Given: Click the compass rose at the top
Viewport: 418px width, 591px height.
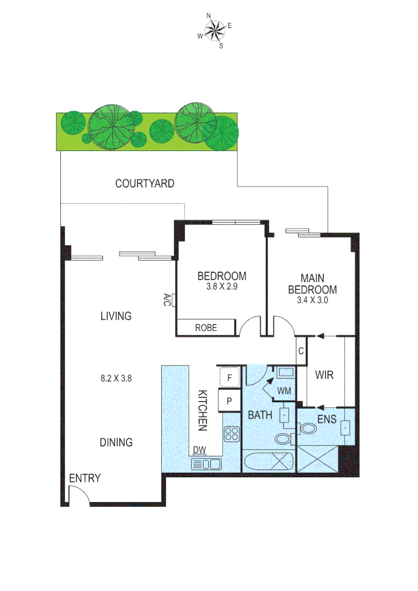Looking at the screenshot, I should tap(215, 30).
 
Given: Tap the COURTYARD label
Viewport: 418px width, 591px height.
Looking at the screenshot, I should tap(144, 183).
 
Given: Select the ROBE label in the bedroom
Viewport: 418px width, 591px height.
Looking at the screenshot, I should tap(206, 328).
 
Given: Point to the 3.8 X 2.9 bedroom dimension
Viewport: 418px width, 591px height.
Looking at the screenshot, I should tap(222, 286).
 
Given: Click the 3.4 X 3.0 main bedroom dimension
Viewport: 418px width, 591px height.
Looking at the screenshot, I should tap(312, 300).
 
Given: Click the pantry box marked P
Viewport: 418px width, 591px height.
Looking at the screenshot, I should tap(229, 401).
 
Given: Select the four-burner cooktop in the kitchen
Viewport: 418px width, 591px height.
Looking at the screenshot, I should tap(231, 434).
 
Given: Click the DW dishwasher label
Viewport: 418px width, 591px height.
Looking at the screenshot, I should tap(199, 450).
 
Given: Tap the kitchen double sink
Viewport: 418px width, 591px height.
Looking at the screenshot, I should tap(206, 464).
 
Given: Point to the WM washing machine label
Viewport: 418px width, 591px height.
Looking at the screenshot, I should tap(283, 391).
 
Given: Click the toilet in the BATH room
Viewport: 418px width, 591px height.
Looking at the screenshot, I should tap(283, 439).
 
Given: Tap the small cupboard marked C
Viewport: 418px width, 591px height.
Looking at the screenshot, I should tap(300, 351).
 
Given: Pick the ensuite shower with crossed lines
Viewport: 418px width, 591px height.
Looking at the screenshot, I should tap(317, 459).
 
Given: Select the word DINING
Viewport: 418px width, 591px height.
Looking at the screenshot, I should tap(116, 442).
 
